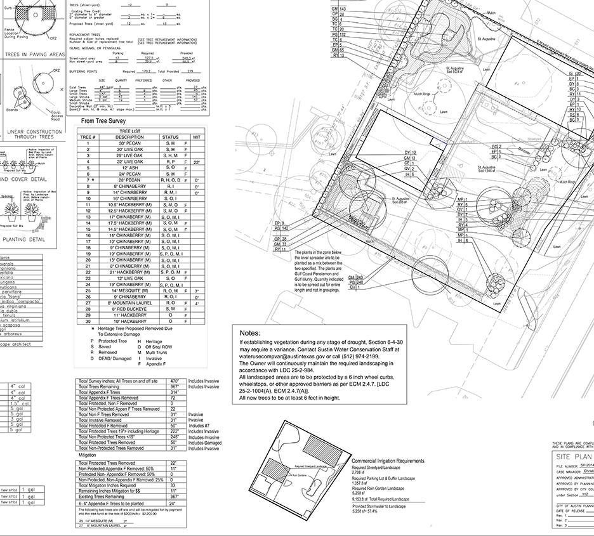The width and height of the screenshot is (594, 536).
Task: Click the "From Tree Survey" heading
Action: point(104,121)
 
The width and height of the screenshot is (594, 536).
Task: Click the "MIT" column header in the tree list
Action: point(197,137)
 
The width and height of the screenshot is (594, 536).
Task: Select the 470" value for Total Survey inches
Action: point(175,381)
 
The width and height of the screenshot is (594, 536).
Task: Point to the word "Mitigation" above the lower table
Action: point(87,455)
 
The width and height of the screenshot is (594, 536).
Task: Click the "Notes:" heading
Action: point(251,333)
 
